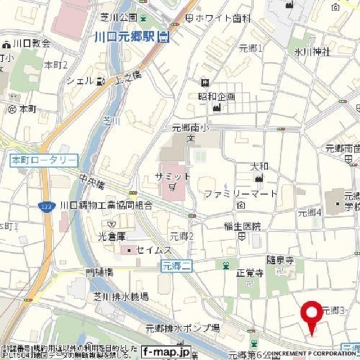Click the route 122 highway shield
click(x=45, y=207)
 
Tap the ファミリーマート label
click(x=240, y=194)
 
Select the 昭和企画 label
click(x=216, y=96)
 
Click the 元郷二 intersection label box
click(x=176, y=265)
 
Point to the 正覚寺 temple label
click(x=249, y=274)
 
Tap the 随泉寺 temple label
click(x=280, y=260)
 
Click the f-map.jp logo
click(x=166, y=352)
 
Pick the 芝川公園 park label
click(x=119, y=17)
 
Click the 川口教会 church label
click(x=31, y=43)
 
